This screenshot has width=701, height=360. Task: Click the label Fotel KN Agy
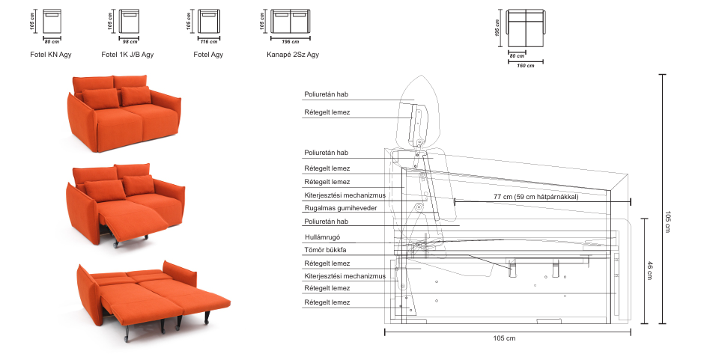(x=50, y=55)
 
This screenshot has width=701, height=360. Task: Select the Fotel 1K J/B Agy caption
(x=127, y=55)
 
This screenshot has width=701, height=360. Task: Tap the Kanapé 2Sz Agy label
(x=293, y=55)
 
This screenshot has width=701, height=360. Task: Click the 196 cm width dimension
(x=291, y=42)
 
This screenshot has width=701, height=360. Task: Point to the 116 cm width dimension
(x=209, y=42)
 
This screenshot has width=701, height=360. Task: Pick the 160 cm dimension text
(x=526, y=66)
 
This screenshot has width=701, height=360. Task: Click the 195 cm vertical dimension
(x=497, y=28)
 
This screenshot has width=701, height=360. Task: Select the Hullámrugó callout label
(x=322, y=237)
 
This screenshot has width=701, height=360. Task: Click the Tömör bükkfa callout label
(x=325, y=250)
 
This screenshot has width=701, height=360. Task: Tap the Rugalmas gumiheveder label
(x=341, y=208)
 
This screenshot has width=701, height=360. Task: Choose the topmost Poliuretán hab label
(x=327, y=94)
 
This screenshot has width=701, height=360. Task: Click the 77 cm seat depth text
(x=536, y=197)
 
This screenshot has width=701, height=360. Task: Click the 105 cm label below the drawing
(x=504, y=338)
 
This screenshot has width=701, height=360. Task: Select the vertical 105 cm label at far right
(x=667, y=222)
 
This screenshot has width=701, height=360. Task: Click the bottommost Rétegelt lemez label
(x=327, y=302)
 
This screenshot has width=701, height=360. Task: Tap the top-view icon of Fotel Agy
(x=209, y=22)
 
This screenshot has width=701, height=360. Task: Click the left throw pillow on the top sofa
(x=101, y=98)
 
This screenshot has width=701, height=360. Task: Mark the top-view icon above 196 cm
(x=291, y=22)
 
